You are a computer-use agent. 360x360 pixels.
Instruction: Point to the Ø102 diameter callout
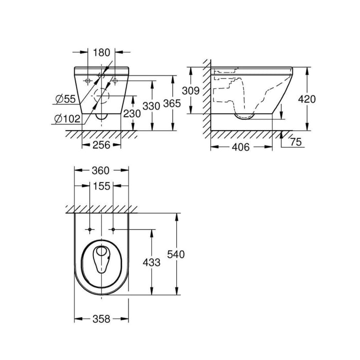point(67,119)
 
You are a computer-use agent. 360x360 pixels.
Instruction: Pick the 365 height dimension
point(172,104)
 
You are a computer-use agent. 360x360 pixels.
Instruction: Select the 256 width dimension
point(101,146)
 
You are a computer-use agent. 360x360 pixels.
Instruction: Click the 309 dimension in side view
point(191,91)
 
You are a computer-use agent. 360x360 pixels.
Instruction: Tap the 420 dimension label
point(307,99)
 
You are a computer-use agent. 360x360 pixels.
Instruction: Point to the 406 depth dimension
point(240,148)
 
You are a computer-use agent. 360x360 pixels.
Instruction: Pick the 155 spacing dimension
point(102,186)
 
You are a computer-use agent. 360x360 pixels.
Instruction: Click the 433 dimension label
point(152,262)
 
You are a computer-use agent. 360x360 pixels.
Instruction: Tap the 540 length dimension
point(176,254)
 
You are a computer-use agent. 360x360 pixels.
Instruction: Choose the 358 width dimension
point(101,319)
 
